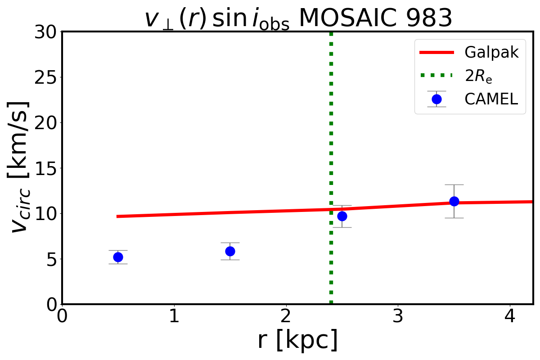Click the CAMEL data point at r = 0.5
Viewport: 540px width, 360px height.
118,257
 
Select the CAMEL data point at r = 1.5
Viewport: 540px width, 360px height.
230,251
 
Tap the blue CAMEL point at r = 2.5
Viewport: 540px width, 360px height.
342,216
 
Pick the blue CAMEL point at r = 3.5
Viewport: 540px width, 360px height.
454,201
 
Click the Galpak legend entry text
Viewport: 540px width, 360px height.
492,53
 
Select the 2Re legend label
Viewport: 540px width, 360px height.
478,76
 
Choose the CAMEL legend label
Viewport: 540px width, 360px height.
491,99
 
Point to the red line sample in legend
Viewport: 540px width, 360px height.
436,53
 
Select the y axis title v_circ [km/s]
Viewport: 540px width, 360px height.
20,168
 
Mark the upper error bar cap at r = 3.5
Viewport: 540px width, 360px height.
454,184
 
